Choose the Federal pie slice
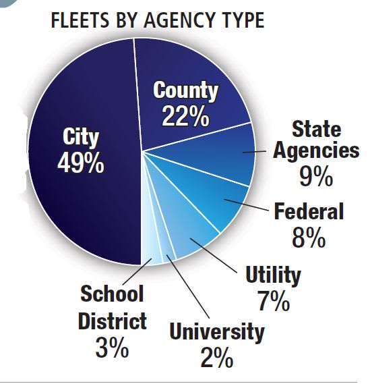(x=216, y=202)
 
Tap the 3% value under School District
(x=112, y=348)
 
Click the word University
(x=217, y=331)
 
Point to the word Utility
(x=274, y=275)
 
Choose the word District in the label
(x=112, y=321)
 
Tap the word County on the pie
(x=186, y=90)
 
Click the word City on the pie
(x=81, y=138)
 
